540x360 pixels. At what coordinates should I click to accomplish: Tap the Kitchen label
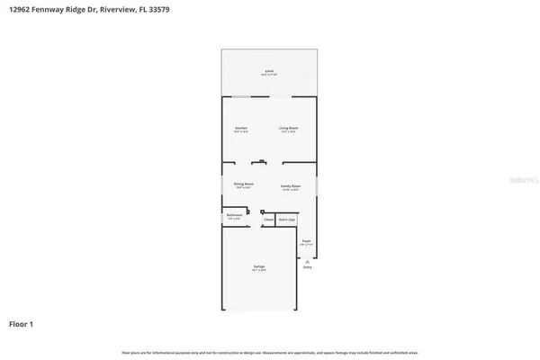pyautogui.click(x=241, y=129)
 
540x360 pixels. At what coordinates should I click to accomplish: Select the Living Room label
pyautogui.click(x=288, y=129)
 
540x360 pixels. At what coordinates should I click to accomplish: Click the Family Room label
pyautogui.click(x=290, y=184)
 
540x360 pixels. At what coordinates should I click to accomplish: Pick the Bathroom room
pyautogui.click(x=235, y=216)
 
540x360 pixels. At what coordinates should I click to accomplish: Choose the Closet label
pyautogui.click(x=268, y=219)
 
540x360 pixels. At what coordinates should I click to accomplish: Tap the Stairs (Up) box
pyautogui.click(x=286, y=219)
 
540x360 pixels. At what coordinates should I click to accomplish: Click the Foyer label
pyautogui.click(x=306, y=241)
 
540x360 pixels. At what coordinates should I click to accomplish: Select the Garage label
pyautogui.click(x=258, y=267)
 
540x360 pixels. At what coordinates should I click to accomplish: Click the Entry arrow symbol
pyautogui.click(x=307, y=260)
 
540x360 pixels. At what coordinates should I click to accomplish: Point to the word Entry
pyautogui.click(x=307, y=267)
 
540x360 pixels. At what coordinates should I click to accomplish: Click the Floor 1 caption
pyautogui.click(x=22, y=323)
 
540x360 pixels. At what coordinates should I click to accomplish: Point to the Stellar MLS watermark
pyautogui.click(x=515, y=180)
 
